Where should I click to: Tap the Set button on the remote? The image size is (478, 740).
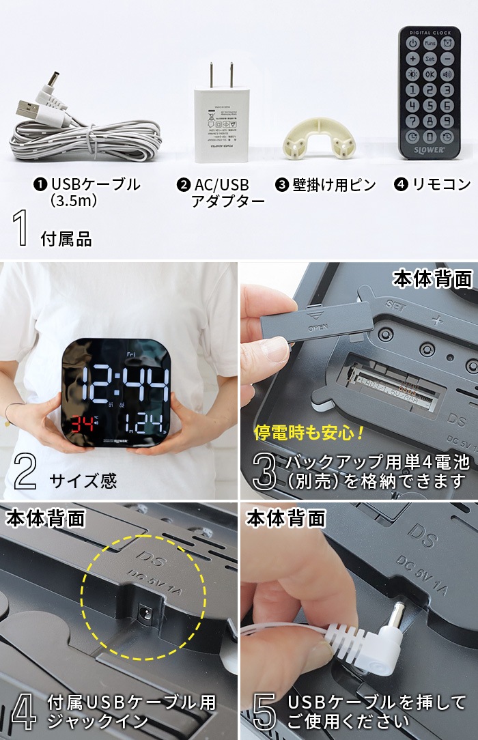tap(430, 59)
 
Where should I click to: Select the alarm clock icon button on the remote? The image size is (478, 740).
tap(447, 44)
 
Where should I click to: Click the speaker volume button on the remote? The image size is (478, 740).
tap(447, 74)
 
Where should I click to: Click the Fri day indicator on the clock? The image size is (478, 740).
tap(131, 354)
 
